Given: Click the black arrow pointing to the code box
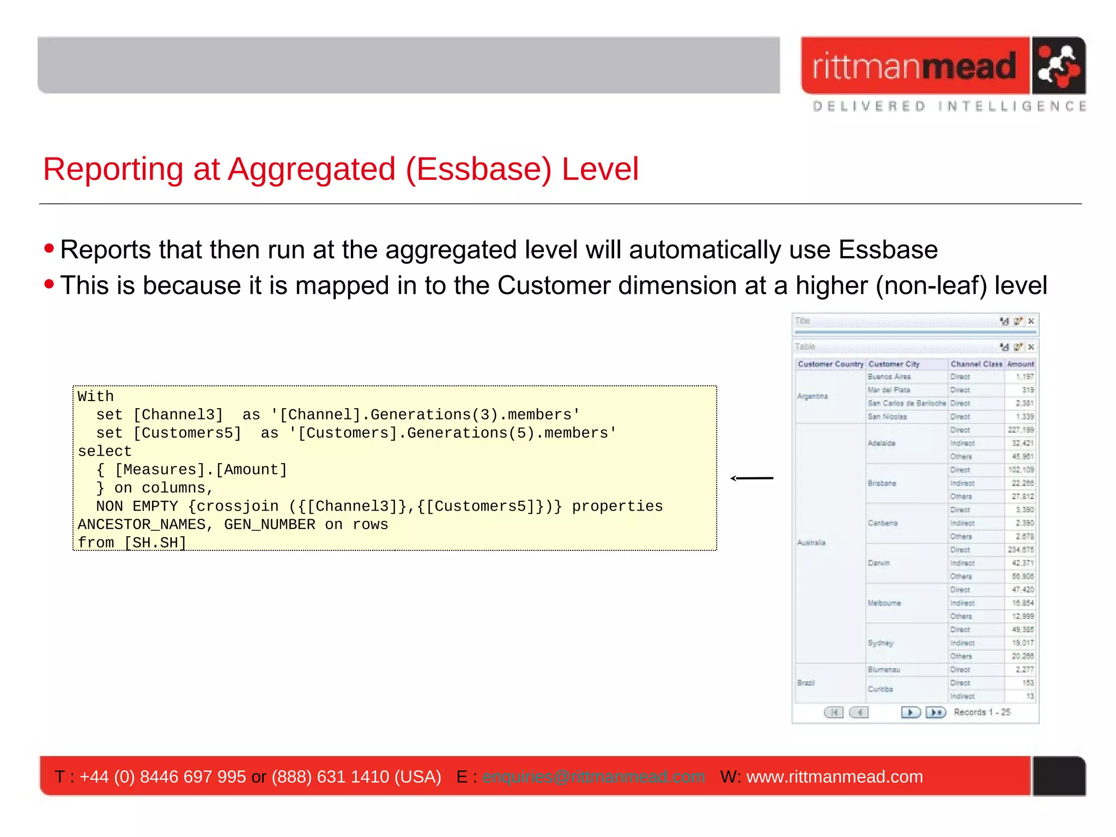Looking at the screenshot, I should (x=751, y=478).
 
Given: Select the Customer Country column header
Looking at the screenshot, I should (x=830, y=364).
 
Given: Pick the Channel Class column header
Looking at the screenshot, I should (x=976, y=364).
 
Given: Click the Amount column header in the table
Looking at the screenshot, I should (x=1021, y=364).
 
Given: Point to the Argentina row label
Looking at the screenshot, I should (x=812, y=396).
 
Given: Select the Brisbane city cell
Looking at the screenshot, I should (x=882, y=483).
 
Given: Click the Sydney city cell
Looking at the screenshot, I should (x=880, y=643).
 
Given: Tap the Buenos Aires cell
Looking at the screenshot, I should (x=889, y=377).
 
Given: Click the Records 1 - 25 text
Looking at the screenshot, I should (x=982, y=712).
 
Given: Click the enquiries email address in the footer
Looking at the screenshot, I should (x=593, y=777).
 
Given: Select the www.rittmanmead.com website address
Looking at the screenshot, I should (x=834, y=777).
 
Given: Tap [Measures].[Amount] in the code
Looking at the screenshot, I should (x=201, y=470).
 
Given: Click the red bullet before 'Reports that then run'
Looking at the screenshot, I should (x=49, y=248).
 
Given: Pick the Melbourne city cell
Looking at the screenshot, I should (x=884, y=603).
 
